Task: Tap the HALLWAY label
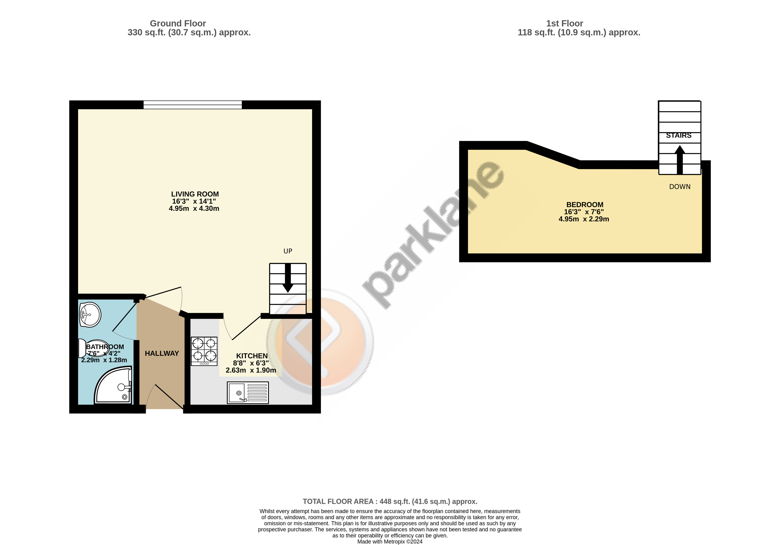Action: point(162,354)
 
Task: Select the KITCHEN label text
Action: point(252,356)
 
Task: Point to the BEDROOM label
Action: point(585,205)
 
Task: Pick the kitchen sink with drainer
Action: point(248,393)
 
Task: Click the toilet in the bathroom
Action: point(94,348)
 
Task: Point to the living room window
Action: point(193,105)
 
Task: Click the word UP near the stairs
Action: point(288,251)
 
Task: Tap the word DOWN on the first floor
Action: point(680,187)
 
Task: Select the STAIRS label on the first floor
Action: point(679,135)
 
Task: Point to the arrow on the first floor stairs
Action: point(679,160)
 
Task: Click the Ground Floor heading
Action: point(178,23)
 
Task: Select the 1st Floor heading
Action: point(565,23)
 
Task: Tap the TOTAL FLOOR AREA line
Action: point(390,502)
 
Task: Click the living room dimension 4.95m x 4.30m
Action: point(194,209)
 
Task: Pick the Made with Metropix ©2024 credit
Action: point(390,542)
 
